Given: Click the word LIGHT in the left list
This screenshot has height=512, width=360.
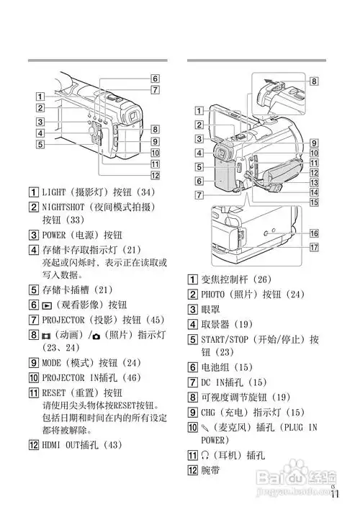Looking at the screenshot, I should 56,193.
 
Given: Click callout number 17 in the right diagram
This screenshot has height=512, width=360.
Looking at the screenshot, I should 314,248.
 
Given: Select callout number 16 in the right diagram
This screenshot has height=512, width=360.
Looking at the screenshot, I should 314,234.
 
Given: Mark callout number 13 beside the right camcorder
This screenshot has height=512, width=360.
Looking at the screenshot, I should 314,183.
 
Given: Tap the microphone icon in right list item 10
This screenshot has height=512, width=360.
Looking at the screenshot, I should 206,426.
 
